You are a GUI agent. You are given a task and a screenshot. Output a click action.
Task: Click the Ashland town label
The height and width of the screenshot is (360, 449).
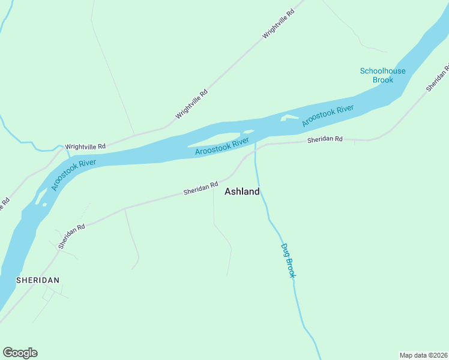point(242,192)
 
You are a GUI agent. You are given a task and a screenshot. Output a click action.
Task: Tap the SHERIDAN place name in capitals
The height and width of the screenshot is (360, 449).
point(38,280)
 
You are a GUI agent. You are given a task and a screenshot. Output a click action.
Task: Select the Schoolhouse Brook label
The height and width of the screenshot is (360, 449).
point(382,75)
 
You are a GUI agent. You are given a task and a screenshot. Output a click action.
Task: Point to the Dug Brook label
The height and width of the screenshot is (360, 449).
point(288,259)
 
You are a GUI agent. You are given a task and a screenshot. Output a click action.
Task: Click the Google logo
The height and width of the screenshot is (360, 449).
point(20,353)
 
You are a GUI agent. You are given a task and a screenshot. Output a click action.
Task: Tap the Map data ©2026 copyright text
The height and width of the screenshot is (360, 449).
point(423,355)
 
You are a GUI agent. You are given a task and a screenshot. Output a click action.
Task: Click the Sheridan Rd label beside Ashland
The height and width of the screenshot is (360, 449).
point(200,188)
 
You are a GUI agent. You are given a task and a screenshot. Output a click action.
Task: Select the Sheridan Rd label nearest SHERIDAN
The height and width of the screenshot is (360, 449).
point(71,237)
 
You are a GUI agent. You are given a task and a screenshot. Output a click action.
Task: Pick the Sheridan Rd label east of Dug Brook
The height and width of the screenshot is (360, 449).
point(325,139)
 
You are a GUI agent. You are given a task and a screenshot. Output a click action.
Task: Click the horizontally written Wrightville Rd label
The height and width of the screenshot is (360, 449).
point(85,146)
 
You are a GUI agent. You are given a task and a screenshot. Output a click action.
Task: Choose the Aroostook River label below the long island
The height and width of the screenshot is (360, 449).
point(222,147)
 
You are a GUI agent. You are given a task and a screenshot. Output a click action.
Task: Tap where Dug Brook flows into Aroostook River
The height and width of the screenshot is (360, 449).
point(255,141)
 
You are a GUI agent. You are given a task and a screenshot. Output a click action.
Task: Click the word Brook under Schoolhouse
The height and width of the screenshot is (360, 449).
point(382,80)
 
